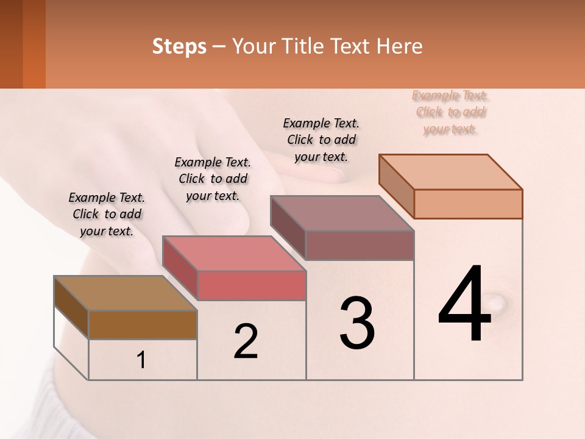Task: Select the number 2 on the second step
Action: pyautogui.click(x=246, y=341)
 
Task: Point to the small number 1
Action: pyautogui.click(x=141, y=360)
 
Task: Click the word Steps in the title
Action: pyautogui.click(x=179, y=46)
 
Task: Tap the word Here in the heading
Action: pyautogui.click(x=400, y=46)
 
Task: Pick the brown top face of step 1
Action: pyautogui.click(x=126, y=293)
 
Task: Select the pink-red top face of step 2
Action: pyautogui.click(x=234, y=253)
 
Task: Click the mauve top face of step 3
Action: pyautogui.click(x=342, y=213)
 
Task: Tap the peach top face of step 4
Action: pyautogui.click(x=450, y=171)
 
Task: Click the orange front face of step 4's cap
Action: pyautogui.click(x=468, y=204)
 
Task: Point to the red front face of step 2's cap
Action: pyautogui.click(x=252, y=285)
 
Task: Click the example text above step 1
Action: pyautogui.click(x=107, y=214)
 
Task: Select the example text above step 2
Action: pyautogui.click(x=213, y=179)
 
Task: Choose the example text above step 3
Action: pyautogui.click(x=321, y=140)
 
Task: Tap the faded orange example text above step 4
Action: pyautogui.click(x=451, y=112)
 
